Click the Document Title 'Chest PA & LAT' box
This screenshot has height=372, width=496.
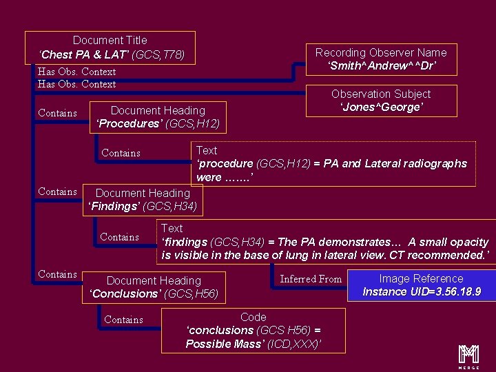(x=110, y=47)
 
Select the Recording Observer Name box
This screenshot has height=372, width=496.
(x=381, y=59)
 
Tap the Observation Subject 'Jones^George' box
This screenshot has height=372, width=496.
(x=381, y=101)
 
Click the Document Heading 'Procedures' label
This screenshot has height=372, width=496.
(x=158, y=117)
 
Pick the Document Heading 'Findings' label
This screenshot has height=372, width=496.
(x=143, y=200)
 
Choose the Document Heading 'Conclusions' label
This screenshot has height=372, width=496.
(x=154, y=287)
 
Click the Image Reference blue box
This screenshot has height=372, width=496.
(x=421, y=285)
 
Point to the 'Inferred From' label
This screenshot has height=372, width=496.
(x=311, y=279)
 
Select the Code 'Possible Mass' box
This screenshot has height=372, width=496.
(x=254, y=330)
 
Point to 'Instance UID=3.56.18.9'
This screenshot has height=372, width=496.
(x=422, y=291)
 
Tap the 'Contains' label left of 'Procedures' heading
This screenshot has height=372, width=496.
(x=57, y=113)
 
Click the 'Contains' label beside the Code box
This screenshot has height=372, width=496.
(x=123, y=320)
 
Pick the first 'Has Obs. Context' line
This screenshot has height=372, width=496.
(x=76, y=72)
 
